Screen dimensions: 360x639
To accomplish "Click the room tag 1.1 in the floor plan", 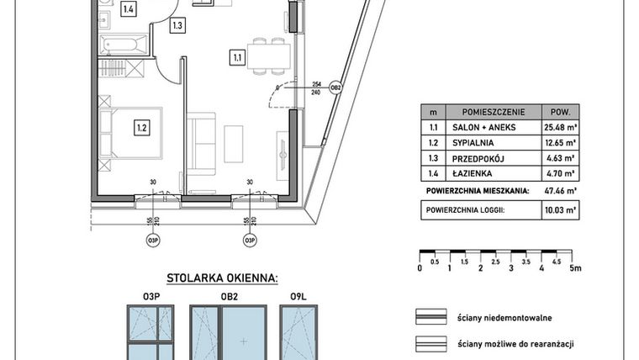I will [x=237, y=57].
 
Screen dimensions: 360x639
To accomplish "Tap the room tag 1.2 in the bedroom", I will [x=141, y=128].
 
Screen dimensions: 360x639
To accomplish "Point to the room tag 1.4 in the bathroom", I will [x=129, y=10].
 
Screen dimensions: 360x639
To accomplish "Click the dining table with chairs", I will [x=268, y=56].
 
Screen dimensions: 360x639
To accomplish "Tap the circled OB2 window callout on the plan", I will [x=335, y=87].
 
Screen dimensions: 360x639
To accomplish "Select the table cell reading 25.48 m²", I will [x=557, y=127].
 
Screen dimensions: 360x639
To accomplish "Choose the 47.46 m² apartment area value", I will [x=557, y=191].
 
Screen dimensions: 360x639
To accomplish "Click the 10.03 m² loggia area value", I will [x=557, y=213].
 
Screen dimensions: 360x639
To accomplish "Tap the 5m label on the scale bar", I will [x=576, y=268].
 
